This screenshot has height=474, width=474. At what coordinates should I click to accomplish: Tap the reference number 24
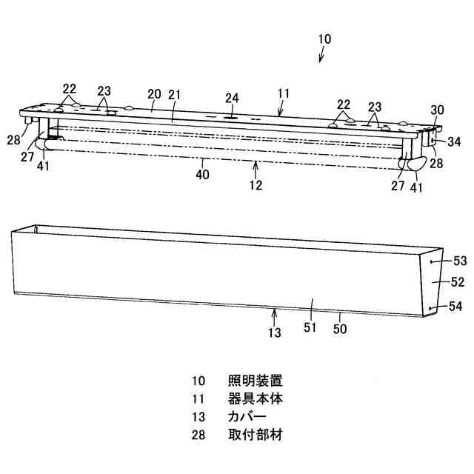233,98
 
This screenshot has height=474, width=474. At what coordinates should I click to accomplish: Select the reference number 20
154,93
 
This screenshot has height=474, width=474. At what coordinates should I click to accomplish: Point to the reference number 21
176,94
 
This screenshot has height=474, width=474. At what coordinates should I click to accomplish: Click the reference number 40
201,175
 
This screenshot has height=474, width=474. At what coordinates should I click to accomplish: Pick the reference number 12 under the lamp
256,185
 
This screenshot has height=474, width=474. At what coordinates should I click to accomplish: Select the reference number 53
460,261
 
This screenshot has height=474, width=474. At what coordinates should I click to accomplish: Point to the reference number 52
457,281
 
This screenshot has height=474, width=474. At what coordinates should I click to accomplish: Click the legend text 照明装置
256,381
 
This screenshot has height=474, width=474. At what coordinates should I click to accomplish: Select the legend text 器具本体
256,399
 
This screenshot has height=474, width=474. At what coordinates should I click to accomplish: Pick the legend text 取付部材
256,435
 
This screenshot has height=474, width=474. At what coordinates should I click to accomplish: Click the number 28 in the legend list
198,435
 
